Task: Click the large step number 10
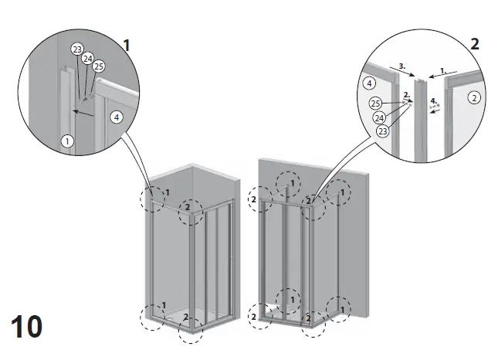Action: pos(28,326)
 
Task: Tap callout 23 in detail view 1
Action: pos(76,49)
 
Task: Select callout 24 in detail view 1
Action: pos(87,58)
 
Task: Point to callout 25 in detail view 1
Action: pos(98,67)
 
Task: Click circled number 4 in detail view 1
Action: pos(115,117)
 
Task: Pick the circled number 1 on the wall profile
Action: pos(67,141)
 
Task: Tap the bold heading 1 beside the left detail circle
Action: pos(126,46)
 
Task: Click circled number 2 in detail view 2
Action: pos(474,97)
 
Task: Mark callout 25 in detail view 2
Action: pos(374,104)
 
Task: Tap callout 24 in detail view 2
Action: pos(379,118)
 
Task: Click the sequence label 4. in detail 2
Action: pos(434,100)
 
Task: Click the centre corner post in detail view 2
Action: pos(420,116)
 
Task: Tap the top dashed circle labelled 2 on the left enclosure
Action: pos(191,211)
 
